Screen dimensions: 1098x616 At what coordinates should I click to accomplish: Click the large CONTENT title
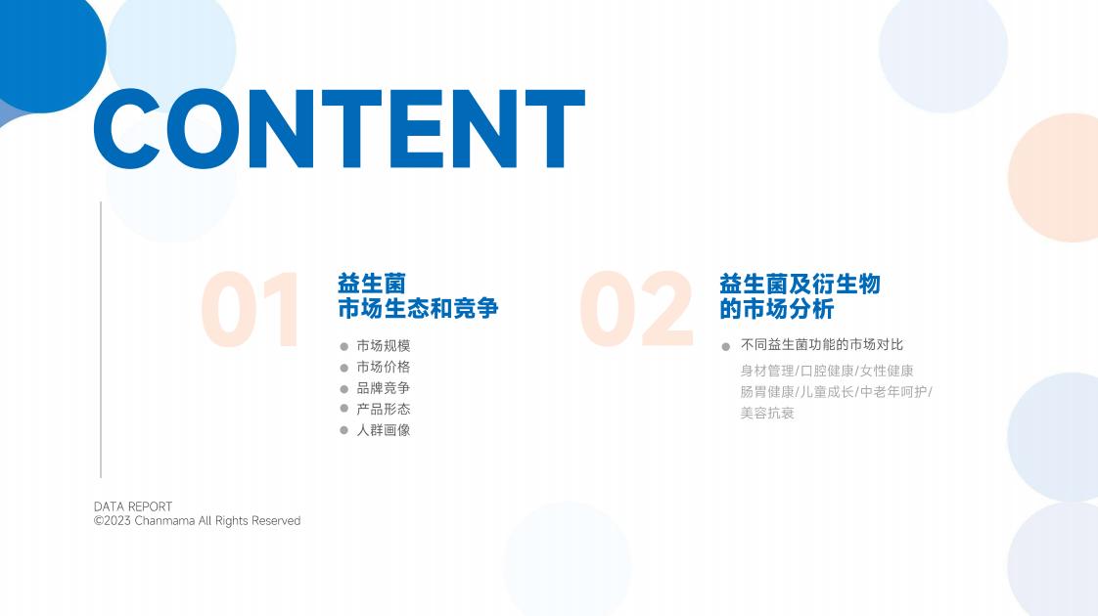339,129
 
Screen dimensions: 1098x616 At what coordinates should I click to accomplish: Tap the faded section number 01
250,309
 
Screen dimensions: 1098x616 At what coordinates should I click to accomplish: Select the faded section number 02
636,309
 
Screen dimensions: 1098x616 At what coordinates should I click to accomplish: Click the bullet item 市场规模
383,346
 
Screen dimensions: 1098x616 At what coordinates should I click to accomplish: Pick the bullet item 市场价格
383,367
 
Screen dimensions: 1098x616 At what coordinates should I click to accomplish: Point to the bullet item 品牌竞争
383,388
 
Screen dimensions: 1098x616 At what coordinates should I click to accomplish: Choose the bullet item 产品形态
383,409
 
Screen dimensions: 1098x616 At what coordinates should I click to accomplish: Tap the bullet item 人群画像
383,430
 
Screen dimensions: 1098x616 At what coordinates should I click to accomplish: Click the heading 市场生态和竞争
418,308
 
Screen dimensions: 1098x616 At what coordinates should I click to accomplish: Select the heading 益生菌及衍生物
800,284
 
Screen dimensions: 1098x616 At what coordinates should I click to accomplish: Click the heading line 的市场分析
777,308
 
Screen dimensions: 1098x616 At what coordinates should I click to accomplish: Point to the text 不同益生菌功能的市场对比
822,344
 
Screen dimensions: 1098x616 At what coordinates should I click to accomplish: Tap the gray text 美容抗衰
767,413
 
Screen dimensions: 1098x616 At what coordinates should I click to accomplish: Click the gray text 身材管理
767,371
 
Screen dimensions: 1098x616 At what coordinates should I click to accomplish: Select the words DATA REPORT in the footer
133,506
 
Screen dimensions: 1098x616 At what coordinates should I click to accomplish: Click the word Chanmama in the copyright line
164,521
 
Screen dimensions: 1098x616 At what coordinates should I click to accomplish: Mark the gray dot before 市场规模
343,346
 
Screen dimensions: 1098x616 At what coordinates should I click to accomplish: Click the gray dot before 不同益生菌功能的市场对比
725,346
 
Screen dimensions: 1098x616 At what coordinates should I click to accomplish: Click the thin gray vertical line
101,340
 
